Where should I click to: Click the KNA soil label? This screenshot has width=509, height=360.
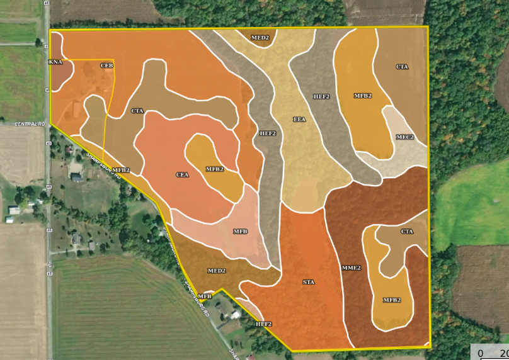(55, 62)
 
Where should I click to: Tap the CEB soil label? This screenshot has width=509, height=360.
(106, 65)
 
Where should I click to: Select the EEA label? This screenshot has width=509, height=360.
(299, 119)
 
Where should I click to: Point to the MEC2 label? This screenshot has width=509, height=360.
(405, 137)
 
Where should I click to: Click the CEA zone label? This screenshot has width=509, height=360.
(182, 175)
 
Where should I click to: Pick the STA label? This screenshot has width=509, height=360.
(309, 282)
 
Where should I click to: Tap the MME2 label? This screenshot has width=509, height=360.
(352, 268)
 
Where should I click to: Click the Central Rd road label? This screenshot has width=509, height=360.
(30, 124)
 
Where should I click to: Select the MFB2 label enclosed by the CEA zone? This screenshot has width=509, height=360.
(215, 169)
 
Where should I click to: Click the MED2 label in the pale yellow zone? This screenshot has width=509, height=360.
(260, 38)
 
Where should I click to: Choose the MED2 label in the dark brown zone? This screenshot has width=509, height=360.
(217, 271)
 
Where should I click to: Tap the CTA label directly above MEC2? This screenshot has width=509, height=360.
(402, 67)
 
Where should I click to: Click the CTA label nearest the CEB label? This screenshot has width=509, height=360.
(137, 111)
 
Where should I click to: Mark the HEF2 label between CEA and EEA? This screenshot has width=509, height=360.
(268, 133)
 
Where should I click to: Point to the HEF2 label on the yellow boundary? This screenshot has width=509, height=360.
(263, 324)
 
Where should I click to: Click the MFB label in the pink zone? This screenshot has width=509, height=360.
(240, 232)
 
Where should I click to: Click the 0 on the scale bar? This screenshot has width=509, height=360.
(481, 353)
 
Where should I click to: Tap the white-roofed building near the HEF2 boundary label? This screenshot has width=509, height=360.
(235, 315)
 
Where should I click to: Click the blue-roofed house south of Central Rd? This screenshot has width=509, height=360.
(77, 178)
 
